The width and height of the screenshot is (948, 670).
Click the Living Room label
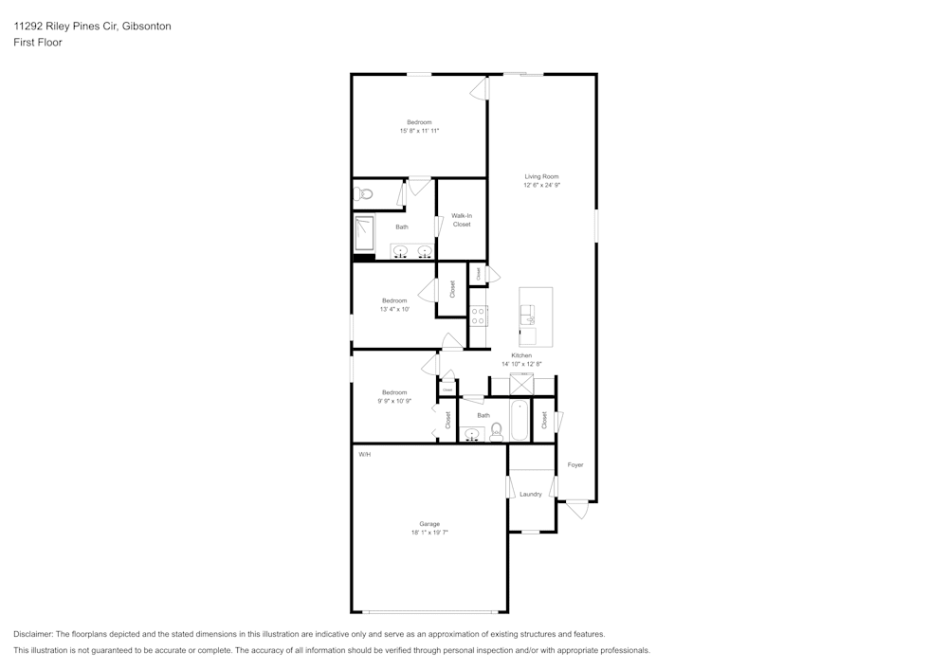click(541, 176)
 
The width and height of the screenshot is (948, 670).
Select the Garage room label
click(429, 523)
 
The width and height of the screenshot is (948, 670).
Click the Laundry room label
click(531, 494)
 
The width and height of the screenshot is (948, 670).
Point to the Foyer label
click(575, 464)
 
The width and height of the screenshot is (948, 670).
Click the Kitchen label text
click(521, 355)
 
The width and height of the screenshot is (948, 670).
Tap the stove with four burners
click(479, 317)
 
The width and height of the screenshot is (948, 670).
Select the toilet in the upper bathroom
click(362, 194)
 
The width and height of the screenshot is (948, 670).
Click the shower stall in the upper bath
click(365, 233)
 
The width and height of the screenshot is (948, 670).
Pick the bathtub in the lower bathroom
click(520, 421)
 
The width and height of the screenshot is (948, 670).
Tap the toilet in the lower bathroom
click(496, 434)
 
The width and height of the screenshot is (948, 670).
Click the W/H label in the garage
click(364, 455)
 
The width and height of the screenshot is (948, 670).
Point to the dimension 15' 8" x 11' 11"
click(419, 131)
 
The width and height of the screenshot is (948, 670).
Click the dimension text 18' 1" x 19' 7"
click(429, 533)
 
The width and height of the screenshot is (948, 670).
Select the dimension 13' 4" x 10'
click(394, 309)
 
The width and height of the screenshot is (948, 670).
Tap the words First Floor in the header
click(38, 43)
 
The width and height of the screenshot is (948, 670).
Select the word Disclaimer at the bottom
click(34, 634)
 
